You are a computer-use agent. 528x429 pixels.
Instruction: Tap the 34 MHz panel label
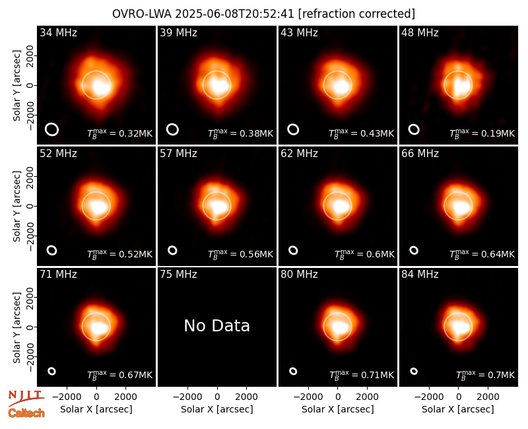(x=58, y=32)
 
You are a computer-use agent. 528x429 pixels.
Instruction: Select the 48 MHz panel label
(x=420, y=32)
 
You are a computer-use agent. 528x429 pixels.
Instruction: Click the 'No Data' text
(x=217, y=325)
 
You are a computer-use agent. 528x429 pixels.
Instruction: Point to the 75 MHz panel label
(x=178, y=275)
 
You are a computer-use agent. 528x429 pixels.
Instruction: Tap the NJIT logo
(x=26, y=397)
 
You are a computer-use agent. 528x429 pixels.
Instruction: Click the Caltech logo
(x=26, y=413)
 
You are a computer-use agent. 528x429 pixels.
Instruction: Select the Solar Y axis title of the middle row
(x=17, y=206)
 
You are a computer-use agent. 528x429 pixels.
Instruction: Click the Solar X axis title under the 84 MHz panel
(x=458, y=409)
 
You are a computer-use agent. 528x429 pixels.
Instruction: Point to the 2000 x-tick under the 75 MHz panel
(x=246, y=397)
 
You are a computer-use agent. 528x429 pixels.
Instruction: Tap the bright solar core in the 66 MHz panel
(x=461, y=206)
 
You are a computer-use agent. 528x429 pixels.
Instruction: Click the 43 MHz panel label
(x=299, y=32)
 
